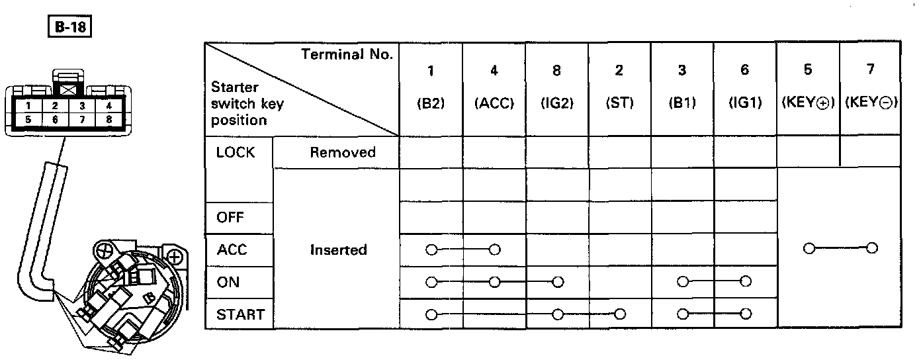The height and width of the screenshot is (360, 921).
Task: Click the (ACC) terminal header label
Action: point(494,105)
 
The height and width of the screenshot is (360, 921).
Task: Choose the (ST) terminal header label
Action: point(620,105)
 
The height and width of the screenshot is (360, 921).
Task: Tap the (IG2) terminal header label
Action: point(557,105)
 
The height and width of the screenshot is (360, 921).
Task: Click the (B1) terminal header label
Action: point(682,105)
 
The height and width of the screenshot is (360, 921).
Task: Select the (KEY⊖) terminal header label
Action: point(871,105)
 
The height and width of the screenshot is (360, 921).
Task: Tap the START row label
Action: point(240,314)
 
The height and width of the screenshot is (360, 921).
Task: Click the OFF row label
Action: point(230,218)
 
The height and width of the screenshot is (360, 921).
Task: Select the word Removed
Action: point(343,153)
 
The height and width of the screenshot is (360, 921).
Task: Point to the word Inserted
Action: point(338,250)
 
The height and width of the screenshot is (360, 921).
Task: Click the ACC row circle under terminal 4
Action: point(494,249)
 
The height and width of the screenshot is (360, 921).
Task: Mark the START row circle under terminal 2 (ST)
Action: point(620,314)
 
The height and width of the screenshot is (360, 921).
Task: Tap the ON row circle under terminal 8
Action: point(557,282)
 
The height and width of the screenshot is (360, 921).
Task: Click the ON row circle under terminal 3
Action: point(682,282)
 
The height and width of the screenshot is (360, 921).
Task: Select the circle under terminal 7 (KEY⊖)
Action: point(871,249)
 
